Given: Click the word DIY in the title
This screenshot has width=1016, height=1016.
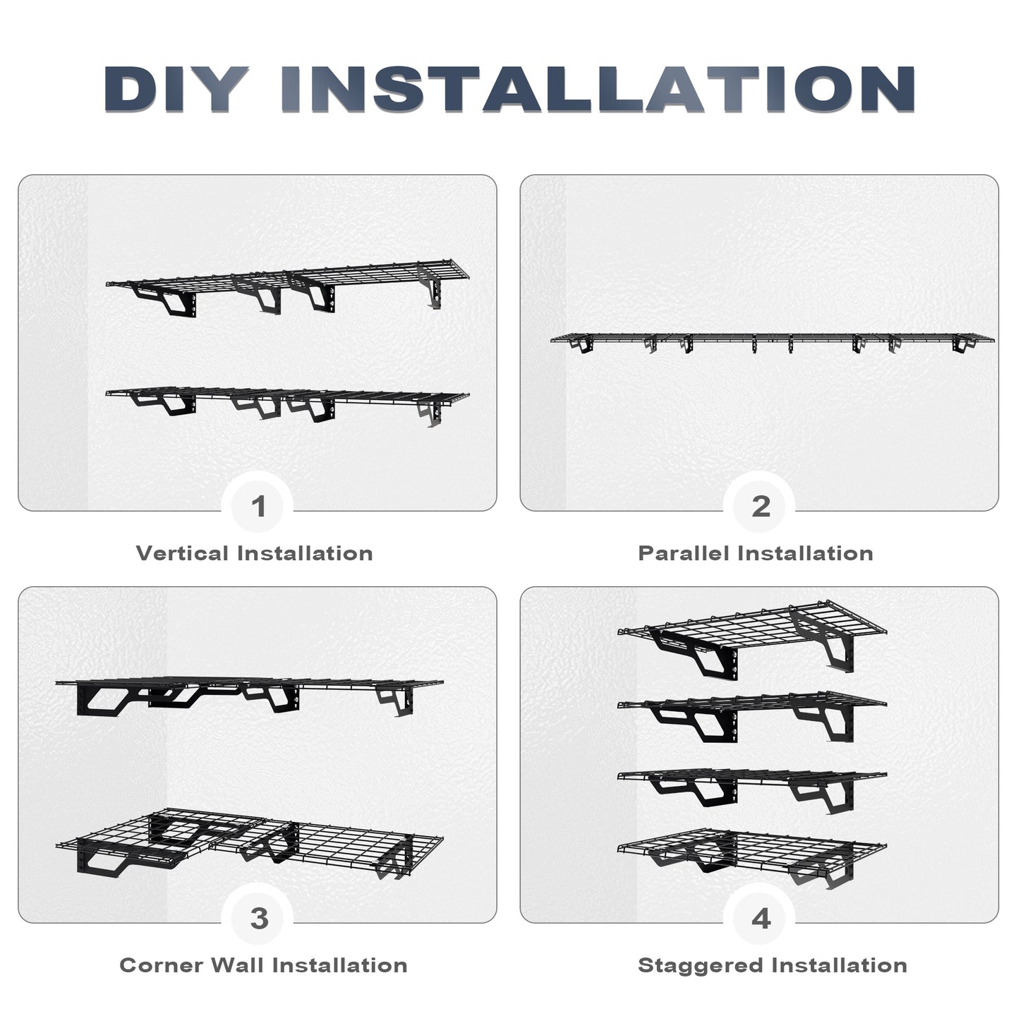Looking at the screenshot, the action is tap(176, 89).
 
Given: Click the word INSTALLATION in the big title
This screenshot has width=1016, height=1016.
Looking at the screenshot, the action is tap(598, 89).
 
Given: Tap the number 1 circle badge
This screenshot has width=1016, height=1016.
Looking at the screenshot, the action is tap(258, 506).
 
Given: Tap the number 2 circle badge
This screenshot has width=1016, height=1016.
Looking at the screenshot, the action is tap(761, 506).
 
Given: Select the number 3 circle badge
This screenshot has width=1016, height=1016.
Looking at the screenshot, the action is tap(258, 918).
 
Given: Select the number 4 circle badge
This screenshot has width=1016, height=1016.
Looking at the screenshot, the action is tap(761, 918).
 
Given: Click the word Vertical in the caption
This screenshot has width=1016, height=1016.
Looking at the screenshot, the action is tap(183, 553).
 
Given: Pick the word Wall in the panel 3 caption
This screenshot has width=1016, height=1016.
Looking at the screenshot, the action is tap(237, 965).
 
